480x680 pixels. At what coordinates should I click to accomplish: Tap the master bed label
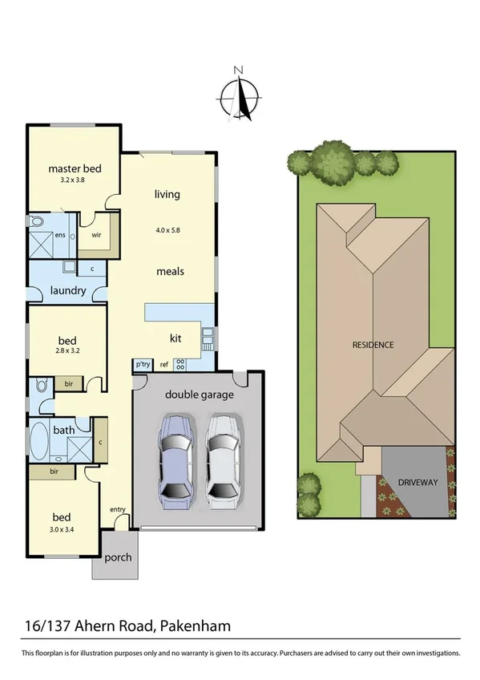(75, 168)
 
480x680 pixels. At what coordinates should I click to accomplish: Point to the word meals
(170, 271)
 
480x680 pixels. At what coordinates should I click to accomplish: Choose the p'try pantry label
(143, 365)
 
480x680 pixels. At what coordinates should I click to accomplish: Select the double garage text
(199, 395)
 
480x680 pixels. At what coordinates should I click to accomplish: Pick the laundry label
(67, 290)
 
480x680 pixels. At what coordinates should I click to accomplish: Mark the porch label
(118, 558)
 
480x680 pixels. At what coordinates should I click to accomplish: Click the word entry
(118, 510)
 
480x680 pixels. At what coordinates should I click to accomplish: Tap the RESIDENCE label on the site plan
(373, 345)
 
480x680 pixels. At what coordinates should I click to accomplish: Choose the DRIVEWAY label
(417, 483)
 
